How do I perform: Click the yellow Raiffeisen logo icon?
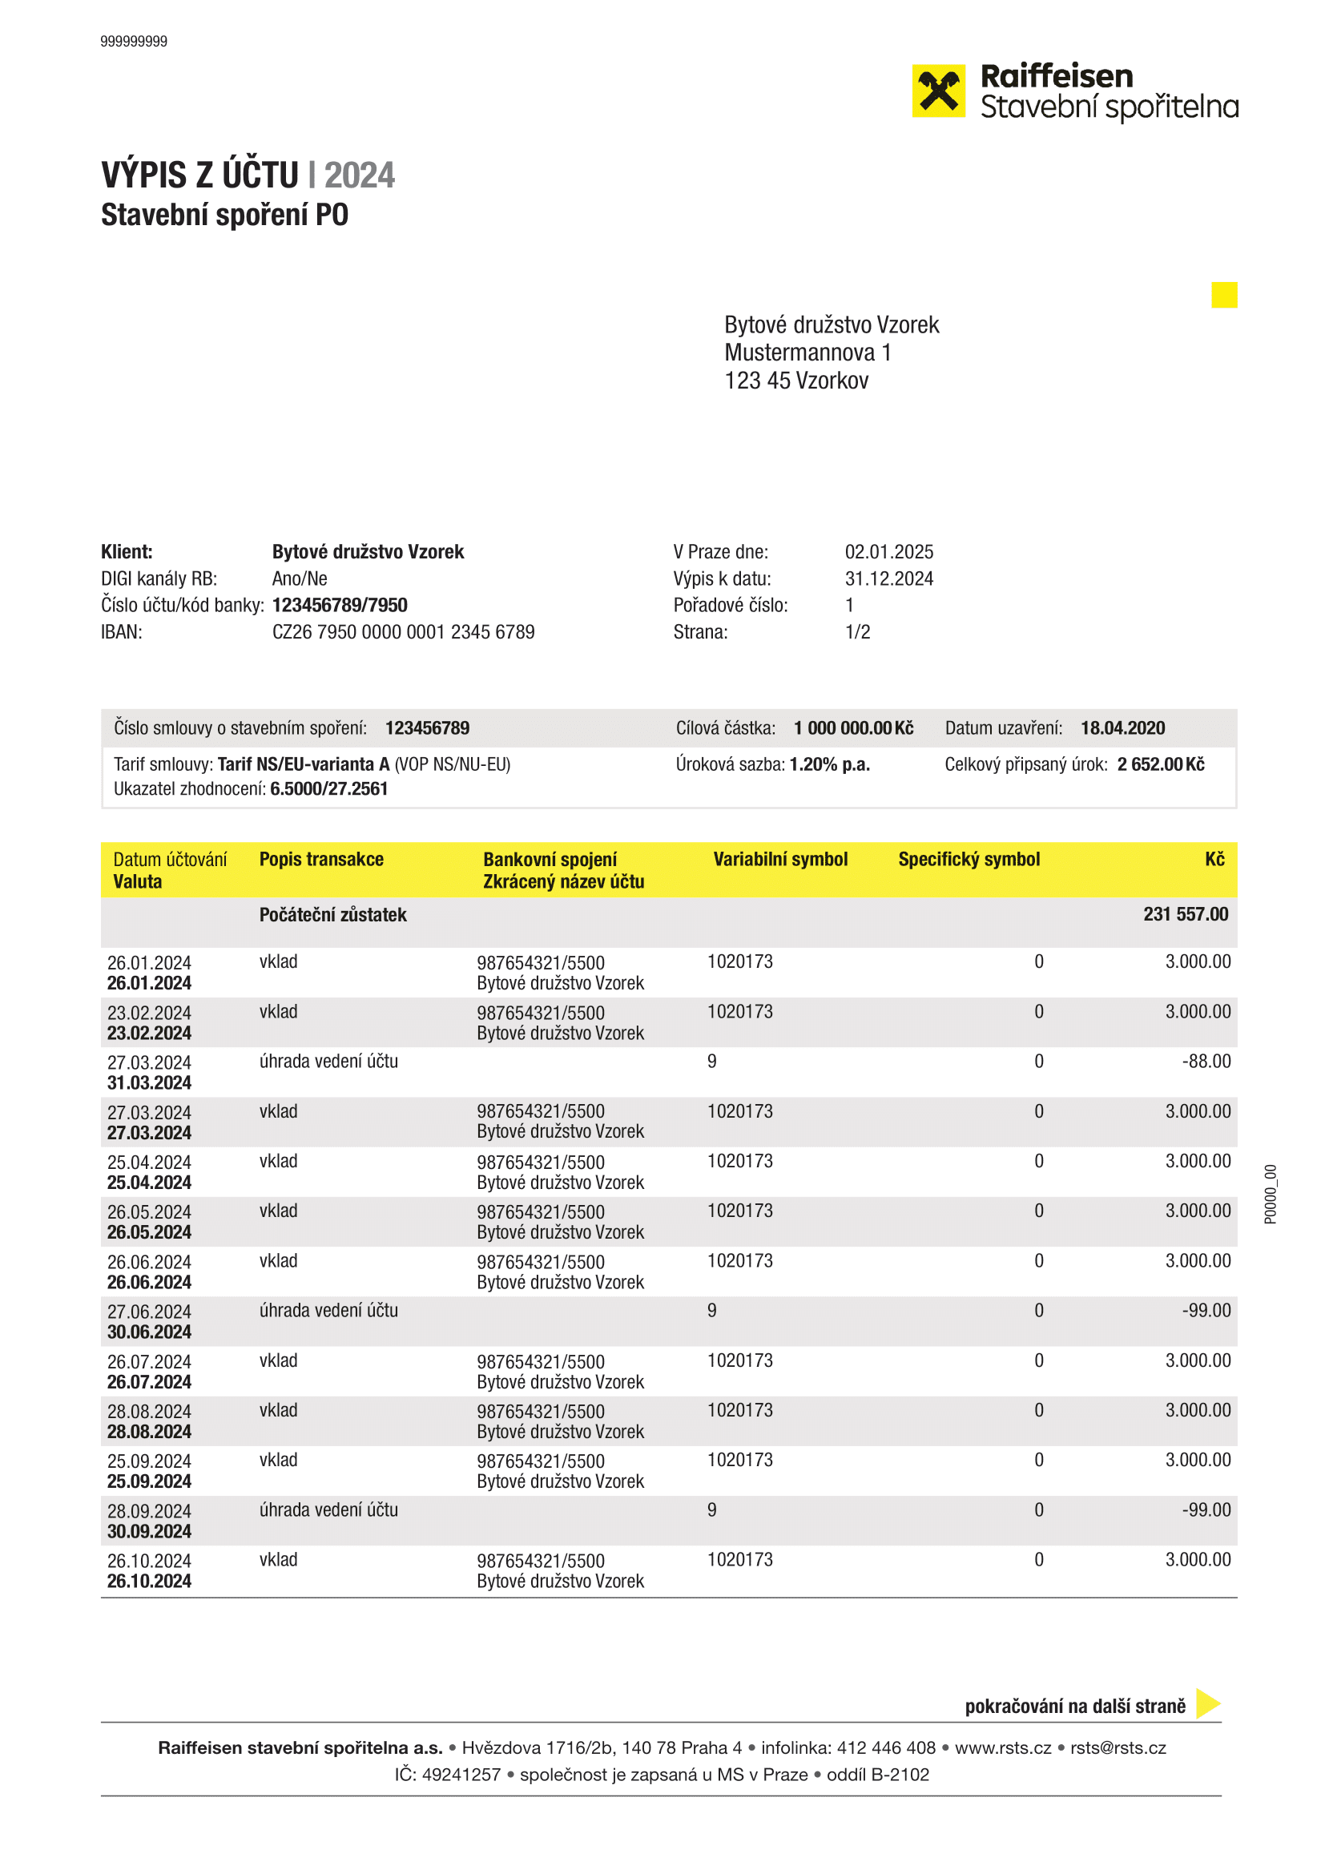tap(938, 91)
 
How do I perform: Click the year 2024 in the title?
tap(359, 175)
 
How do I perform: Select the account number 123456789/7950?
tap(340, 605)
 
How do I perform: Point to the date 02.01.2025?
tap(888, 552)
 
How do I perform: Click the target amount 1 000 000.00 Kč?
tap(852, 728)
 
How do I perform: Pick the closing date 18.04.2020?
tap(1122, 728)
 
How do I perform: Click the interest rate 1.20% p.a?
tap(829, 764)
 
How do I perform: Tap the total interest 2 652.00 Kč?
tap(1160, 764)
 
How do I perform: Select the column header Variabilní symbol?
tap(780, 859)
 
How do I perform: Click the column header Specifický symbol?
tap(969, 859)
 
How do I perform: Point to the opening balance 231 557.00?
tap(1185, 914)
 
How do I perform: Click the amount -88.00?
tap(1206, 1061)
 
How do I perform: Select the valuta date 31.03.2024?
tap(149, 1083)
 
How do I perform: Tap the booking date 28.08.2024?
tap(149, 1411)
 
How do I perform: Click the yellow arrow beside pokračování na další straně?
tap(1206, 1703)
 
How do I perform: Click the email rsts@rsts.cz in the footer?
tap(1118, 1747)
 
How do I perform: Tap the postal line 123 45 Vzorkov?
tap(796, 381)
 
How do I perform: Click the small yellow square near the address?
tap(1224, 295)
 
